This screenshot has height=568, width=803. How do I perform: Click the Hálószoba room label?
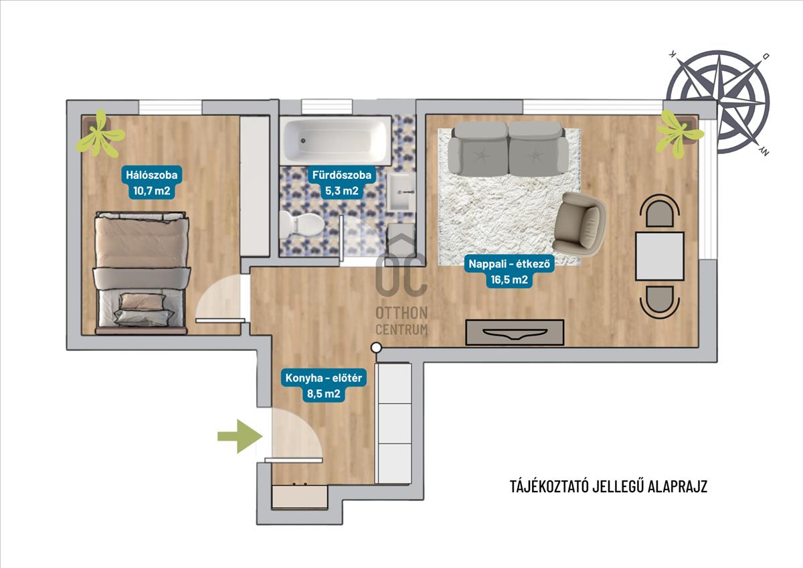tap(152, 182)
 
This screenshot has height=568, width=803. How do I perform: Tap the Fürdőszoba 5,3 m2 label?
tap(342, 182)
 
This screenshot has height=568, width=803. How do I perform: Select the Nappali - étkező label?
tap(509, 271)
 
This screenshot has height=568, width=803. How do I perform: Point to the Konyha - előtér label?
tap(323, 386)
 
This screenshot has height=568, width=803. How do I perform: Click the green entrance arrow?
tap(240, 436)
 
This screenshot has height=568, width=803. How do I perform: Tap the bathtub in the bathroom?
tap(335, 141)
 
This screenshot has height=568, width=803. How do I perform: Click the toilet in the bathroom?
tap(302, 224)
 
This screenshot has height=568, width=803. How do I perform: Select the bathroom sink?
tap(401, 192)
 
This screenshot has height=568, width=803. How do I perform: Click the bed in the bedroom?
tap(141, 273)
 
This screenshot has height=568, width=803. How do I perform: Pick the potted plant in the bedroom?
tap(100, 133)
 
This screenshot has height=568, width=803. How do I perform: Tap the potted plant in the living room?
tap(679, 133)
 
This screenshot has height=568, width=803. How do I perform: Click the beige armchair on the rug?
tap(578, 224)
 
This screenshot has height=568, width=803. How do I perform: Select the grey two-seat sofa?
tap(508, 148)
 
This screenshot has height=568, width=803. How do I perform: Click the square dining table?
tap(660, 256)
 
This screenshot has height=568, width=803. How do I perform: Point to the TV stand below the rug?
tap(515, 333)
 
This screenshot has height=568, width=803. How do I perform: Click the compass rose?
tap(718, 102)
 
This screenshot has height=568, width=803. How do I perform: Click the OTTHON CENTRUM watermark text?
tap(401, 321)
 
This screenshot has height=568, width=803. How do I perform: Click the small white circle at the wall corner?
tap(376, 348)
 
